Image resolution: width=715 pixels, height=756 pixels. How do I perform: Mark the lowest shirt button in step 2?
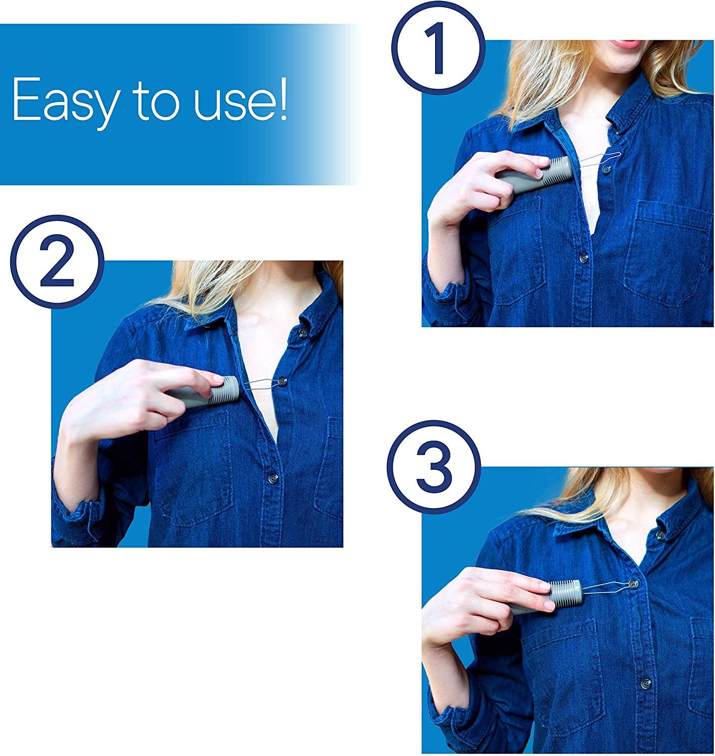tap(272, 476)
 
